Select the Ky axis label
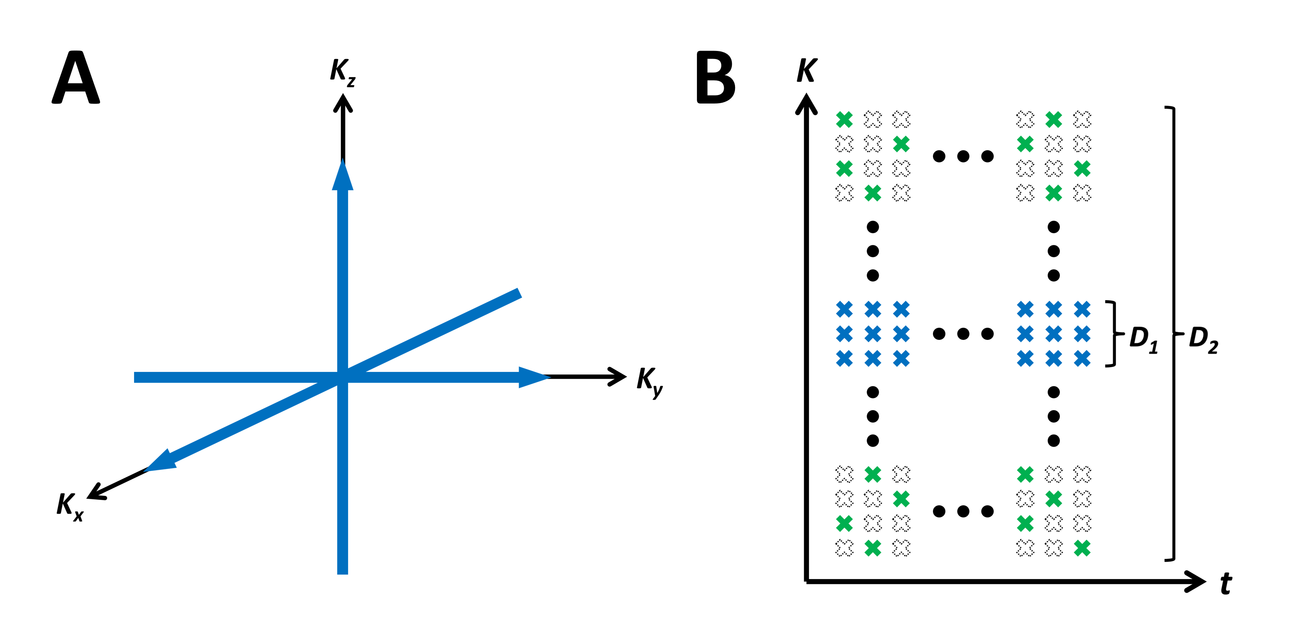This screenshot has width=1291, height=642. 650,382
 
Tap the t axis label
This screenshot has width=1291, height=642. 1226,583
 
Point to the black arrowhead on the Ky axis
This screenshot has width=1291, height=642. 617,377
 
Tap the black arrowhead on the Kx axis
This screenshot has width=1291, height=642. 95,492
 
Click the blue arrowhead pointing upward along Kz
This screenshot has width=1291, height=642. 343,175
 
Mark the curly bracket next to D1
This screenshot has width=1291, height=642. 1113,333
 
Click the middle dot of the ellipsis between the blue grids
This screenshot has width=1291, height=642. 963,333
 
